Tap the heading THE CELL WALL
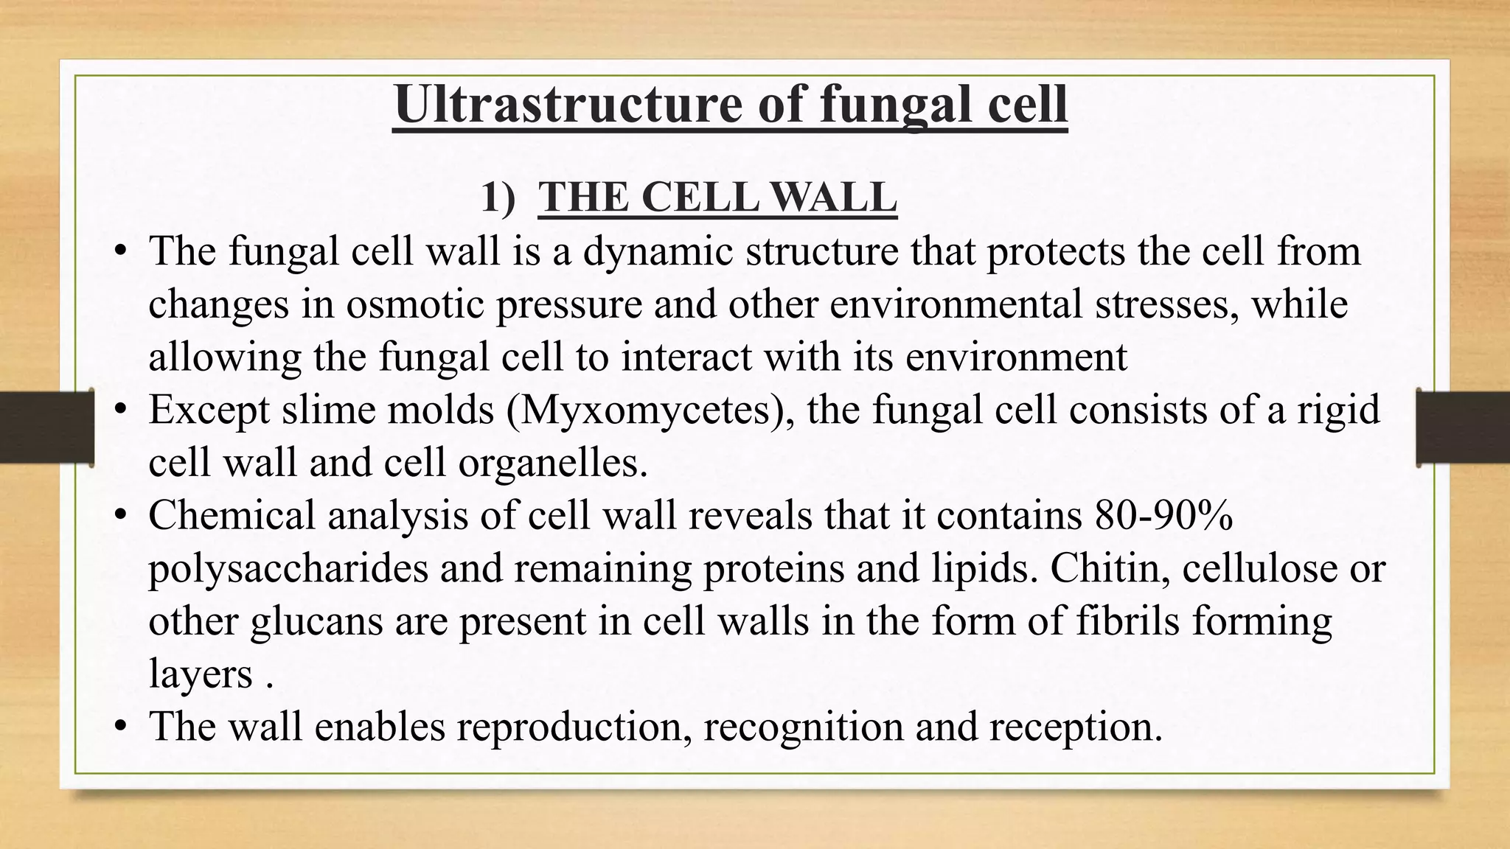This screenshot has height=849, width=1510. (717, 198)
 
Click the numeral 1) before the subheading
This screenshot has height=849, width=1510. (498, 198)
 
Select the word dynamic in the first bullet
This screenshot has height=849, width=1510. (658, 251)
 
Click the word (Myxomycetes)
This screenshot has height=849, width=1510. (650, 410)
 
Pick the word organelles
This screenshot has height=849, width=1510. (552, 463)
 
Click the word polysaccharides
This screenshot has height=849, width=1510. (288, 568)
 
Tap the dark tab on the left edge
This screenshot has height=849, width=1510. (46, 428)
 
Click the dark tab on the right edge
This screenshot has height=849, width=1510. (1463, 428)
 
